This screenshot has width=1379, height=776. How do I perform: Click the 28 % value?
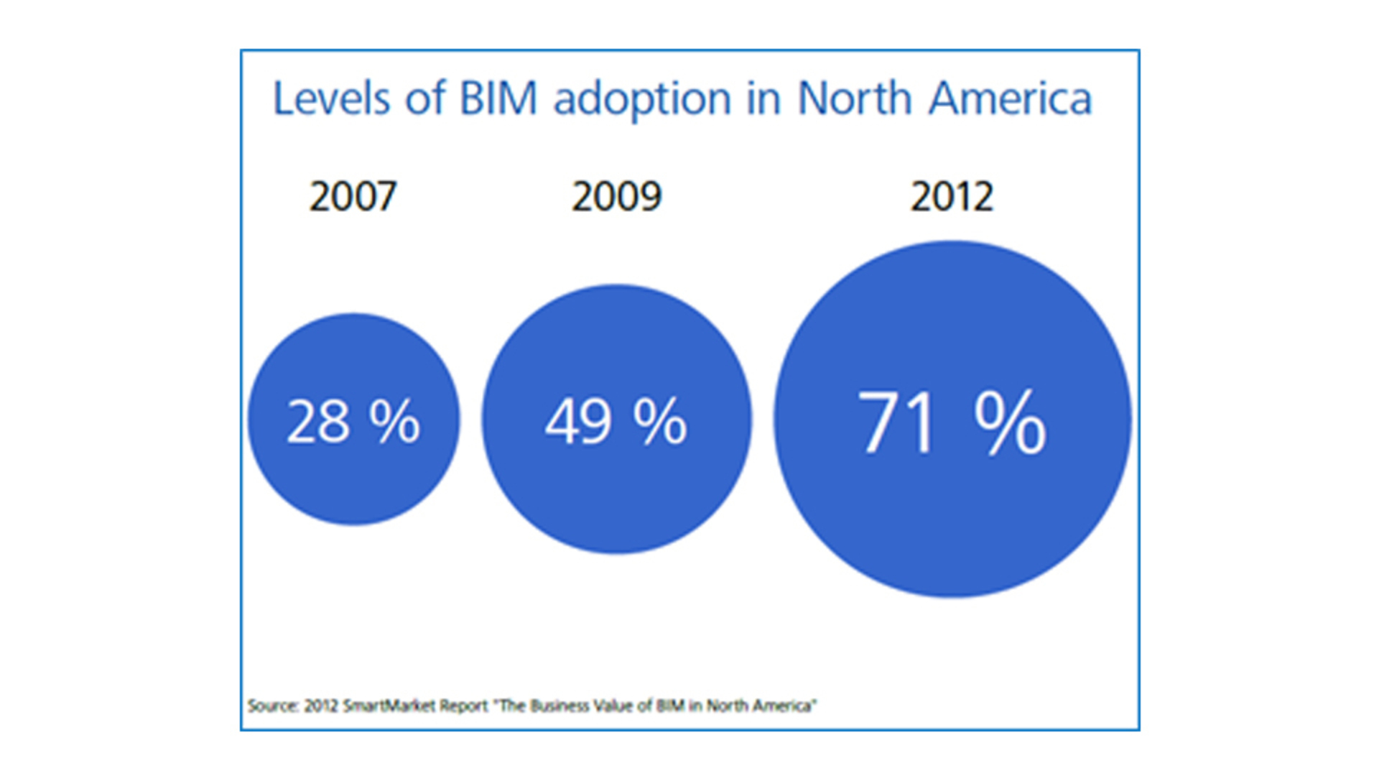pos(353,421)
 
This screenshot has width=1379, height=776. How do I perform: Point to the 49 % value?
pos(616,421)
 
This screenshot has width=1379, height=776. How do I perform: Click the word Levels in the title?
pos(331,98)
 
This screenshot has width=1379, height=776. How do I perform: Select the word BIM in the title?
pos(498,98)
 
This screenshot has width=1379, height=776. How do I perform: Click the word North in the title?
pos(855,98)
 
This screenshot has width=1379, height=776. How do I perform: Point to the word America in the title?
pos(1010,98)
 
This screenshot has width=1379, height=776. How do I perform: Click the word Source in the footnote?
pos(272,706)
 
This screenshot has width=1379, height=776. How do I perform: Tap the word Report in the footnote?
pos(463,706)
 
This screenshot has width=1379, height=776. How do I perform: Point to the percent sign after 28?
pos(394,421)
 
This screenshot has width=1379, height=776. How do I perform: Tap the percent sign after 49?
pos(660,421)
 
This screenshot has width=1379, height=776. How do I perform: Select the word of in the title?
pos(424,98)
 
